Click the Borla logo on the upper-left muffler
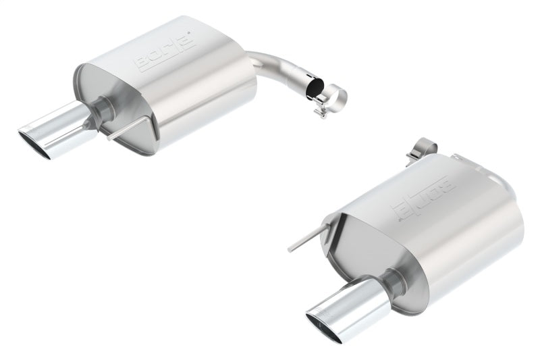tap(165, 52)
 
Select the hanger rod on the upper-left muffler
tap(126, 130)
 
